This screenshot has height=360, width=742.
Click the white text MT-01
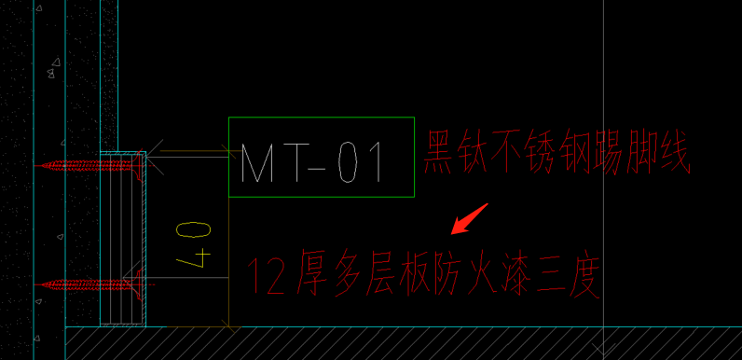pos(313,162)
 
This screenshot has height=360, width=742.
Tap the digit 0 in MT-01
pos(346,162)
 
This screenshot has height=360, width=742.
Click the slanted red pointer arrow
pos(468,218)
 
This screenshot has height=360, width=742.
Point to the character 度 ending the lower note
pos(584,278)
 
